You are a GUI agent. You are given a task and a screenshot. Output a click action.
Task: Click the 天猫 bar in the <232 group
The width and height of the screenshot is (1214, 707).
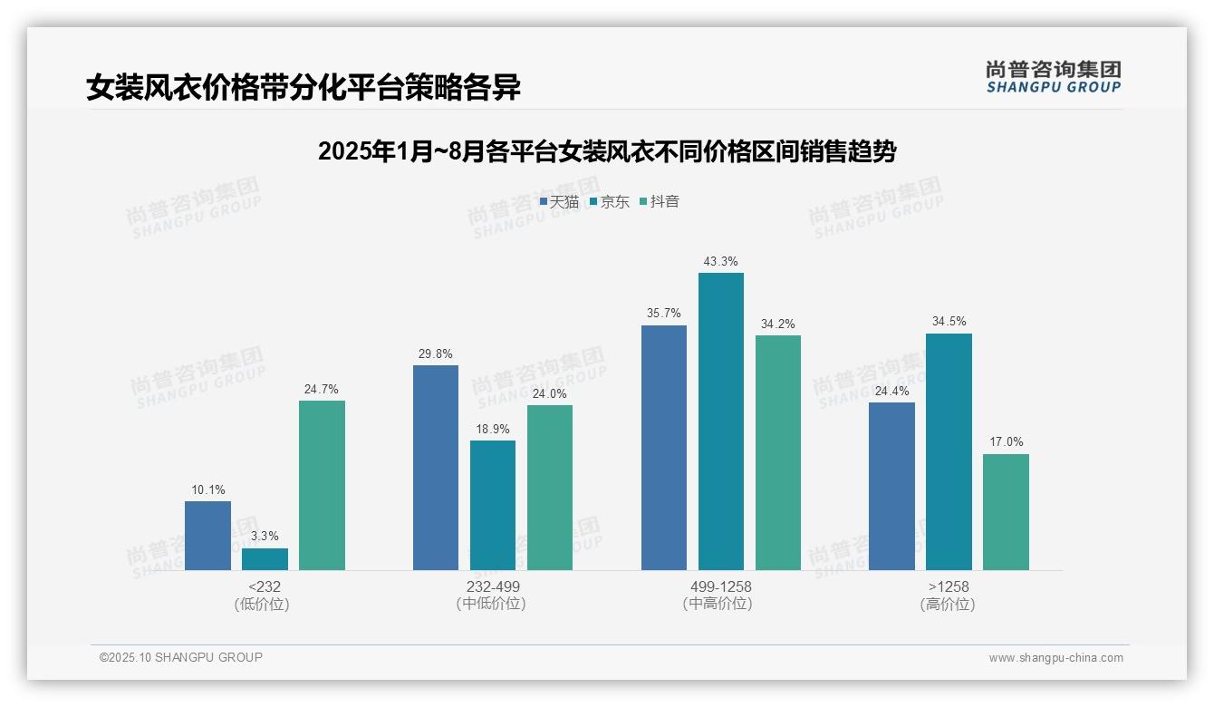point(207,536)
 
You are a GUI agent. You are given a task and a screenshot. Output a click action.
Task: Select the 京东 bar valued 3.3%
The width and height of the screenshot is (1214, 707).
point(265,559)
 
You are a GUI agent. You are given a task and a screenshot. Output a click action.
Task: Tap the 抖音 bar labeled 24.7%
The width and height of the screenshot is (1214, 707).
point(322,485)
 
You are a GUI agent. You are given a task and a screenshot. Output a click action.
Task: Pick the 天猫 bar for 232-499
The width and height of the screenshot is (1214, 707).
point(436,468)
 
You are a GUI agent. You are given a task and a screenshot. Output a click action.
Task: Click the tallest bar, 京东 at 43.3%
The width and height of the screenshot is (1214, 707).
point(721,421)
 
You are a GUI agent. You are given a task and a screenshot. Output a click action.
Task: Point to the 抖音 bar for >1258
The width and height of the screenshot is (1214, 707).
point(1006,512)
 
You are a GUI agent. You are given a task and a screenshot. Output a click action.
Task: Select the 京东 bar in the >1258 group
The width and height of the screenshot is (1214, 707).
point(949,451)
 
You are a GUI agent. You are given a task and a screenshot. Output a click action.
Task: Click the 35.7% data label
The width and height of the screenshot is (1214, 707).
point(664,314)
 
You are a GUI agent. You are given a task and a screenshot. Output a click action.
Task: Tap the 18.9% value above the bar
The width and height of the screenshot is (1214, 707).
point(493,430)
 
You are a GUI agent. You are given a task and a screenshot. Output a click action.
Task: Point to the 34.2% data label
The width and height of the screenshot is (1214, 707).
point(778,324)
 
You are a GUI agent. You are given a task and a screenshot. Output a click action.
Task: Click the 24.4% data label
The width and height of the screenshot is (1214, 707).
point(891,392)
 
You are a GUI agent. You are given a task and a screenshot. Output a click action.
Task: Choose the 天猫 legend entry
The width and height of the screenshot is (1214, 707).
point(559,202)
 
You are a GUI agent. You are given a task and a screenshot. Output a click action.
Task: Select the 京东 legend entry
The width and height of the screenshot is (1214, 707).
point(610,202)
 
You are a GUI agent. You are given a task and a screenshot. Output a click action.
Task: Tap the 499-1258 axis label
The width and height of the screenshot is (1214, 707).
point(721,586)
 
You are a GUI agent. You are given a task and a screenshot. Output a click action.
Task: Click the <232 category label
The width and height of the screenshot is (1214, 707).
point(265,586)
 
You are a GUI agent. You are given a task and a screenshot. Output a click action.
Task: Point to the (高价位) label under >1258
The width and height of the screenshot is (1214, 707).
point(948,604)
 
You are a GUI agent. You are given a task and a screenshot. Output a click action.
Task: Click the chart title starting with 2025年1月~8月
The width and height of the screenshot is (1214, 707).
point(606,151)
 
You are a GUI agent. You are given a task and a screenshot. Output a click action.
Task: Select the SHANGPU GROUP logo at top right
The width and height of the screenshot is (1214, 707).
point(1053,76)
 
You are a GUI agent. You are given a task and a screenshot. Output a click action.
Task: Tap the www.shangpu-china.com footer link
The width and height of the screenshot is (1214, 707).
point(1055,658)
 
